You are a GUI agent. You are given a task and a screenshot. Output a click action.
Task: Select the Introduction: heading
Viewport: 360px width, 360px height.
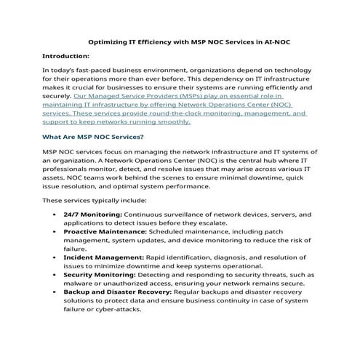(65, 55)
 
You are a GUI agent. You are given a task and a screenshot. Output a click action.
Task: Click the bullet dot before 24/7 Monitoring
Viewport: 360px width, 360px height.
(56, 215)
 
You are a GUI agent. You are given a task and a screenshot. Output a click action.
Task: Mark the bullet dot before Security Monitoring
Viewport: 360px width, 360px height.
(56, 275)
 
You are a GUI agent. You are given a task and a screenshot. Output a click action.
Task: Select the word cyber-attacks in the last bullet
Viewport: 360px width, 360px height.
(116, 308)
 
